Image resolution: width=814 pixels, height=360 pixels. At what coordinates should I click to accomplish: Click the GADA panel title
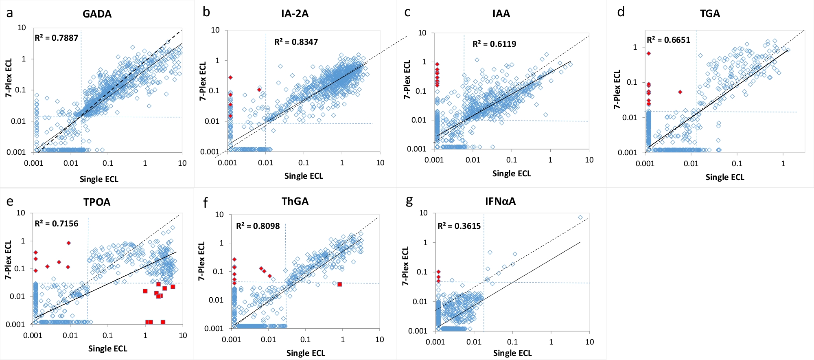pos(97,14)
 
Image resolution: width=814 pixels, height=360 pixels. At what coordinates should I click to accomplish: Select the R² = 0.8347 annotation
pos(296,42)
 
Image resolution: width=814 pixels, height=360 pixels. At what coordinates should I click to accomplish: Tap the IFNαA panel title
pos(500,201)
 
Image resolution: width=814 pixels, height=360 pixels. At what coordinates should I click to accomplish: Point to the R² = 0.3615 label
pos(459,226)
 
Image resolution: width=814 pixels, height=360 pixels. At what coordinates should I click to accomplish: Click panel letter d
pos(621,12)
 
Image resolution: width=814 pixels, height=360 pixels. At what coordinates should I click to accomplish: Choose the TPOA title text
pos(97,202)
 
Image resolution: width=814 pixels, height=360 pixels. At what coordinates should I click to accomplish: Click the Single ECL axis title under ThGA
pos(306,353)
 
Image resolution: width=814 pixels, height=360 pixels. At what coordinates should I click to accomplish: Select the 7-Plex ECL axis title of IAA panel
pos(407,80)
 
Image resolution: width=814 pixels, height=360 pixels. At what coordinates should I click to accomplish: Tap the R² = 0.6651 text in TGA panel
pos(668,40)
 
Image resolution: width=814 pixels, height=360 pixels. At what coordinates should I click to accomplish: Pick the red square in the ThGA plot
pos(340,284)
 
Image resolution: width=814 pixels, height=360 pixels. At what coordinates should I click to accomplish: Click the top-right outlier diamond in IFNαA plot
pos(580,217)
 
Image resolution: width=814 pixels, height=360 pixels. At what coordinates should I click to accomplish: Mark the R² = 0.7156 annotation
pos(56,224)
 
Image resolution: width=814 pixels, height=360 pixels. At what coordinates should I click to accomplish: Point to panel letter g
pos(409,200)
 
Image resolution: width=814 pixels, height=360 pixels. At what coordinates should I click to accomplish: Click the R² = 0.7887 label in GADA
pos(56,38)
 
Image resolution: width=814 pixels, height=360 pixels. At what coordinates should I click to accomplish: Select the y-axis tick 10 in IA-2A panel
pos(215,30)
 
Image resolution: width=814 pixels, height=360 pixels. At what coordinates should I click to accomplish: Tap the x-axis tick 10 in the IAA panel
pos(589,160)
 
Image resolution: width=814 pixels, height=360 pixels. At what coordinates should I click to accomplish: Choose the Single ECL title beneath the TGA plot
pos(724,177)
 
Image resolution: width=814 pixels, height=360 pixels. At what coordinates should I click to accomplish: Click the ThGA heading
pos(295,201)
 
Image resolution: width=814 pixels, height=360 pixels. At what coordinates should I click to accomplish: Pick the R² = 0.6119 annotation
pos(494,44)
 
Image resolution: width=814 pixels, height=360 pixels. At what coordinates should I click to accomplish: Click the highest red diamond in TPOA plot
pos(69,243)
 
